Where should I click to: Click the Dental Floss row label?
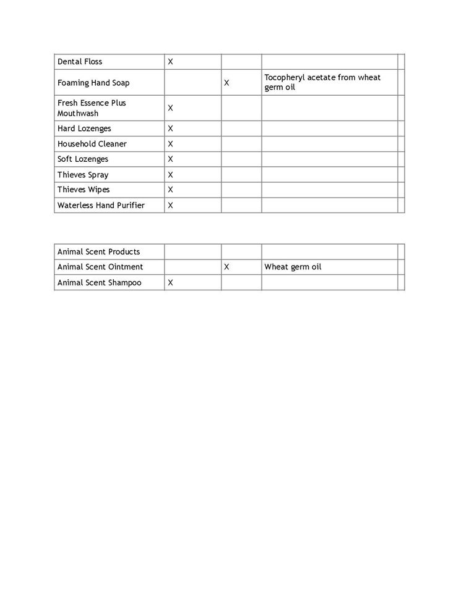[x=80, y=62]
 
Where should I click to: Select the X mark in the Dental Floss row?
[x=171, y=62]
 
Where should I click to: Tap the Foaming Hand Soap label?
[x=93, y=83]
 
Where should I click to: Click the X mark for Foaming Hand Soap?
[x=226, y=83]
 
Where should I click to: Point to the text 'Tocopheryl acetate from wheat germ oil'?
[x=322, y=82]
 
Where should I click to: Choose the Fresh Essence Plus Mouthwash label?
[x=92, y=108]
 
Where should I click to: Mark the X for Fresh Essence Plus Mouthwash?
[x=171, y=108]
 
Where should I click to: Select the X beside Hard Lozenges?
[x=171, y=128]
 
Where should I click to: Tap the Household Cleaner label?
[x=92, y=144]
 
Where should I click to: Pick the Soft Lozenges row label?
[x=83, y=159]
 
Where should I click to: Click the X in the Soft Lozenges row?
[x=171, y=159]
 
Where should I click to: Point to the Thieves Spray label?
[x=83, y=175]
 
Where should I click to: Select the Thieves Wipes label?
[x=84, y=190]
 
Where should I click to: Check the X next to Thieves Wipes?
[x=171, y=190]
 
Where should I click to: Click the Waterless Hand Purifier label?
[x=101, y=205]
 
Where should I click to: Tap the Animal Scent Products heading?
[x=99, y=252]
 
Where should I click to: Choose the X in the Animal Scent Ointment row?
[x=226, y=267]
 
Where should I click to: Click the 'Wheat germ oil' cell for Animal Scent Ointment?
[x=293, y=267]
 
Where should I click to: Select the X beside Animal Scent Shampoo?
[x=171, y=282]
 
